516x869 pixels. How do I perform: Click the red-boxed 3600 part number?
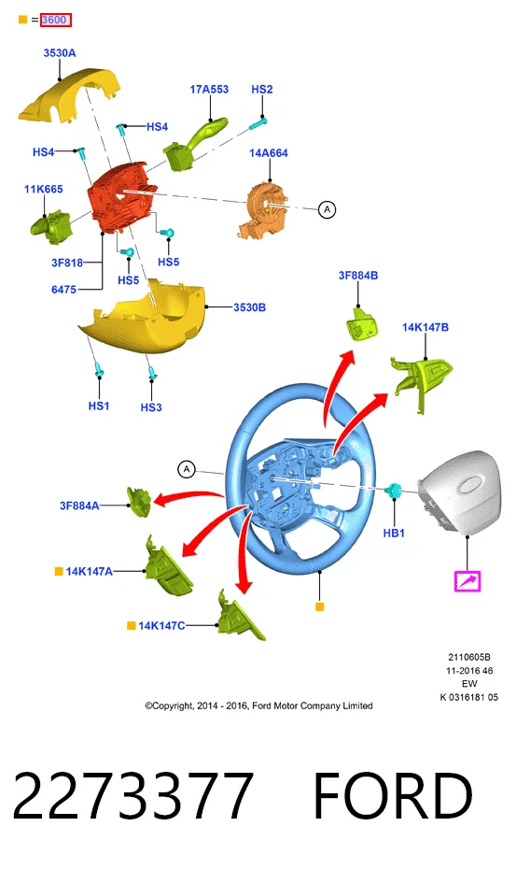tap(56, 20)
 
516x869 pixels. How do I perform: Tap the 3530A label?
tap(60, 53)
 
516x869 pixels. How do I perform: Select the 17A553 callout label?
tap(209, 89)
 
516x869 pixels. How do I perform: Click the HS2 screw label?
tap(262, 89)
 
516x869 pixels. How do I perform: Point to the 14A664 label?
tap(269, 153)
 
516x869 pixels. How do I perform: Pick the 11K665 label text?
tap(43, 189)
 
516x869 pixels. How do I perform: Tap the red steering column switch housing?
tap(119, 197)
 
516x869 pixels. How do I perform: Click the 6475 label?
tap(63, 290)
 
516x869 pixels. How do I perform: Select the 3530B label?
tap(249, 307)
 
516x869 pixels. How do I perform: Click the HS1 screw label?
tap(99, 406)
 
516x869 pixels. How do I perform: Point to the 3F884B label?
tap(358, 276)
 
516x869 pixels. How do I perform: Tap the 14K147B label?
tap(425, 327)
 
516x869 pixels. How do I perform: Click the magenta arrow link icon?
tap(467, 581)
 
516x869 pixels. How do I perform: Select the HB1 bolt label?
tap(394, 533)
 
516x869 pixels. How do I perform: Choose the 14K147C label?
tap(161, 626)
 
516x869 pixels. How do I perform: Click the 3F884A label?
tap(79, 506)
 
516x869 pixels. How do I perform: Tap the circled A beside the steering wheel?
tap(187, 469)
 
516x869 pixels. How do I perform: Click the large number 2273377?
tap(132, 795)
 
